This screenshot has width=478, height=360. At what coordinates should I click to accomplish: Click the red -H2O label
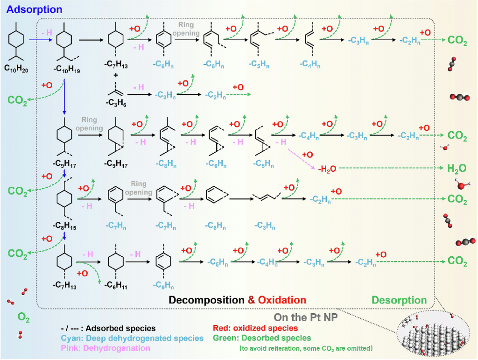[x=327, y=168]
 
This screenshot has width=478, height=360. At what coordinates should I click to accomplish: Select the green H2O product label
[x=457, y=168]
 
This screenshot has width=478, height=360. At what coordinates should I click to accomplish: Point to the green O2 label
[x=24, y=318]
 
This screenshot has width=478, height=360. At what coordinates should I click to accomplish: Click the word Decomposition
[x=206, y=300]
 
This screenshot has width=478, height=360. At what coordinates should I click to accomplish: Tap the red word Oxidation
[x=282, y=300]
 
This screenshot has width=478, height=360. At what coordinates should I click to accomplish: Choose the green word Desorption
[x=399, y=300]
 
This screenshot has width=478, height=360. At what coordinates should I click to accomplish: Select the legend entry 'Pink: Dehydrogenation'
[x=105, y=348]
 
